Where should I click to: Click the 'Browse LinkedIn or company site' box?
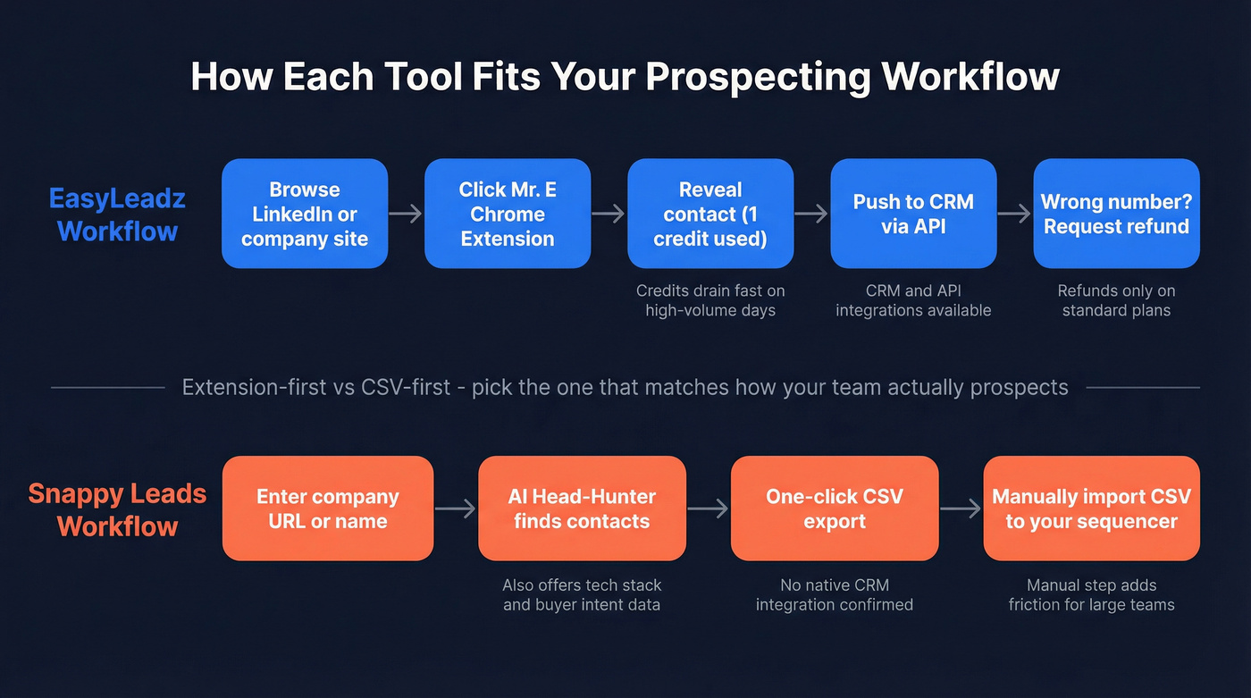(x=305, y=214)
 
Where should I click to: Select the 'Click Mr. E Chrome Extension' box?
(x=508, y=214)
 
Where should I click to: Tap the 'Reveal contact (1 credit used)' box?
(x=710, y=214)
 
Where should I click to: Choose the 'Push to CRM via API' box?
(x=913, y=214)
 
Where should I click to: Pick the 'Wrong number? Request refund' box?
(x=1116, y=214)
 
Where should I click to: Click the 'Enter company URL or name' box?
(x=328, y=509)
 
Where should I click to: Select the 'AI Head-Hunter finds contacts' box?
(x=582, y=509)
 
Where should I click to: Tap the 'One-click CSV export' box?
(x=835, y=509)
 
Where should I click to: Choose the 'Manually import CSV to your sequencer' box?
(x=1091, y=509)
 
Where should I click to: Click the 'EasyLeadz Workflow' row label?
(x=117, y=214)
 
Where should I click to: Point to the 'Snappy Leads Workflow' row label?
(x=117, y=509)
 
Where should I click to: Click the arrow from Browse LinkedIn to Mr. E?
(x=406, y=214)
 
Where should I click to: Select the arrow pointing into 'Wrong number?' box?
(x=1015, y=214)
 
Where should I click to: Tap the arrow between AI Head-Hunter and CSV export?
(x=709, y=509)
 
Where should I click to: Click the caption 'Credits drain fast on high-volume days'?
(x=710, y=300)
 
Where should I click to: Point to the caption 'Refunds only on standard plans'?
(x=1116, y=300)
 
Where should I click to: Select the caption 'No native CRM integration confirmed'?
(x=835, y=595)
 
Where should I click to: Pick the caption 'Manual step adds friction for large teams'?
(x=1091, y=595)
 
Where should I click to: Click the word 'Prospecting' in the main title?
(x=758, y=77)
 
